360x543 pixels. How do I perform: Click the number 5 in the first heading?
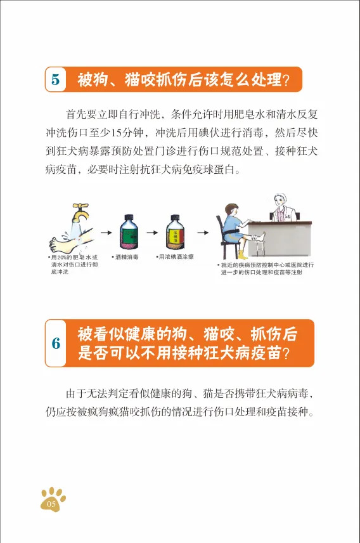(56, 80)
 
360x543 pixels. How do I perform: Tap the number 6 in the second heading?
(56, 343)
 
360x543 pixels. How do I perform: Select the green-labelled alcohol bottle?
(129, 232)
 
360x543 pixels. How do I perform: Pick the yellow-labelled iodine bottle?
(175, 232)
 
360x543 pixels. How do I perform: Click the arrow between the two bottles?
(152, 232)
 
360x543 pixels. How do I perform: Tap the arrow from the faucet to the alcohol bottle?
(106, 232)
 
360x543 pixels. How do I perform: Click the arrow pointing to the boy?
(203, 232)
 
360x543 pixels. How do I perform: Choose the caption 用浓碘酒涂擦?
(175, 257)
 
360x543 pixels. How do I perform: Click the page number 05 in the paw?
(51, 504)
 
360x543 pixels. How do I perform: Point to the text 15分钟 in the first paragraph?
(124, 133)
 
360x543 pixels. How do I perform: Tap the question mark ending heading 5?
(286, 81)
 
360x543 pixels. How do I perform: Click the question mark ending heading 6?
(286, 353)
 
